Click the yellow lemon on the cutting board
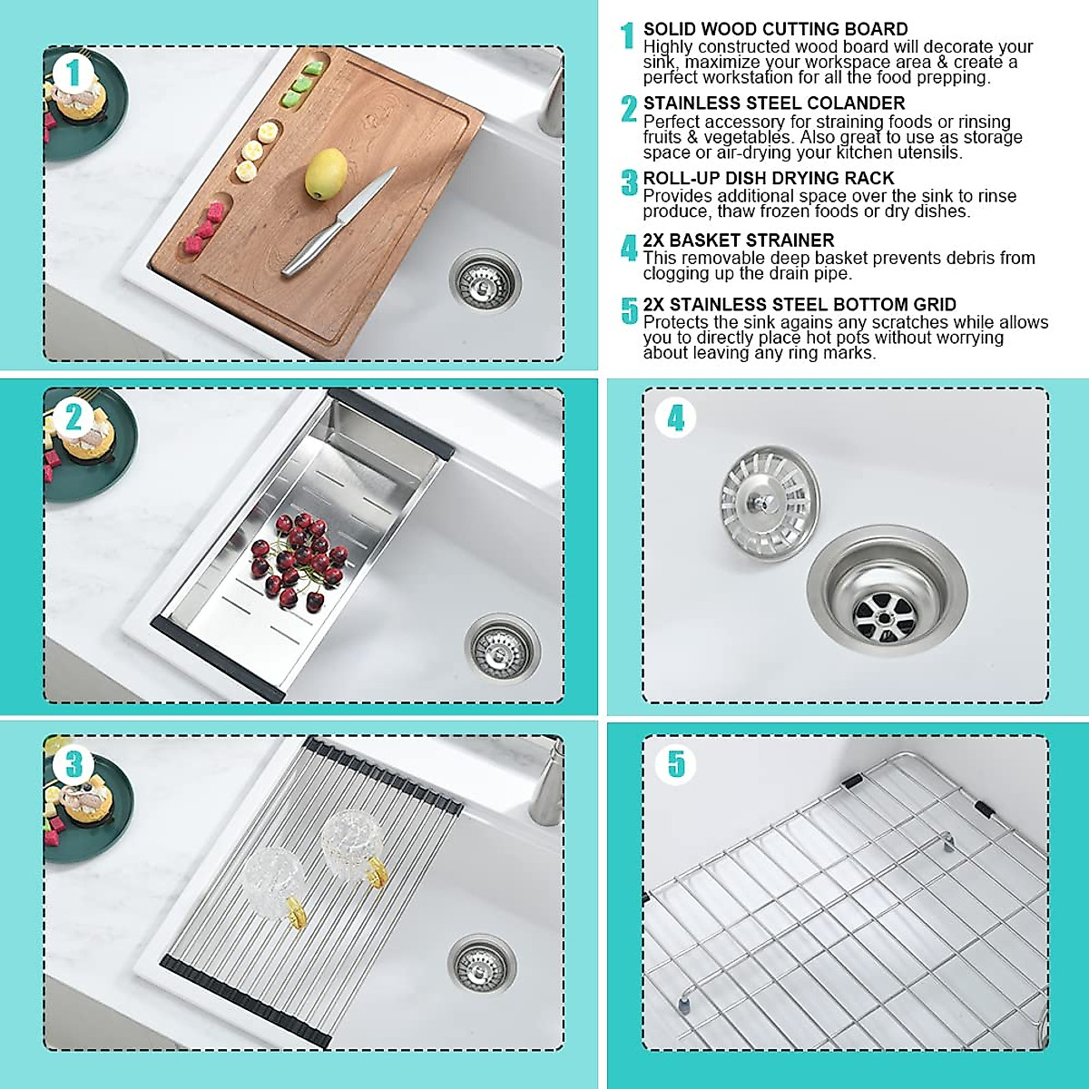pyautogui.click(x=326, y=174)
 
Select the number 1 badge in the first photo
pyautogui.click(x=74, y=73)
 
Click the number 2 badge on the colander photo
pyautogui.click(x=74, y=417)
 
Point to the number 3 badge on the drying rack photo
pyautogui.click(x=74, y=764)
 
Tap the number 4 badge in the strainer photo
pyautogui.click(x=676, y=418)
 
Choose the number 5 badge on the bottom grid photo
pyautogui.click(x=676, y=764)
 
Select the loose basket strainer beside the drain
pyautogui.click(x=770, y=492)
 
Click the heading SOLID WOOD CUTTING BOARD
pyautogui.click(x=775, y=29)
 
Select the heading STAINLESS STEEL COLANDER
pyautogui.click(x=773, y=103)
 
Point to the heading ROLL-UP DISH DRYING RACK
pyautogui.click(x=768, y=179)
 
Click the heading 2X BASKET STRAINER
pyautogui.click(x=738, y=240)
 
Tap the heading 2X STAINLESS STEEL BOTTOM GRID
pyautogui.click(x=799, y=305)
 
